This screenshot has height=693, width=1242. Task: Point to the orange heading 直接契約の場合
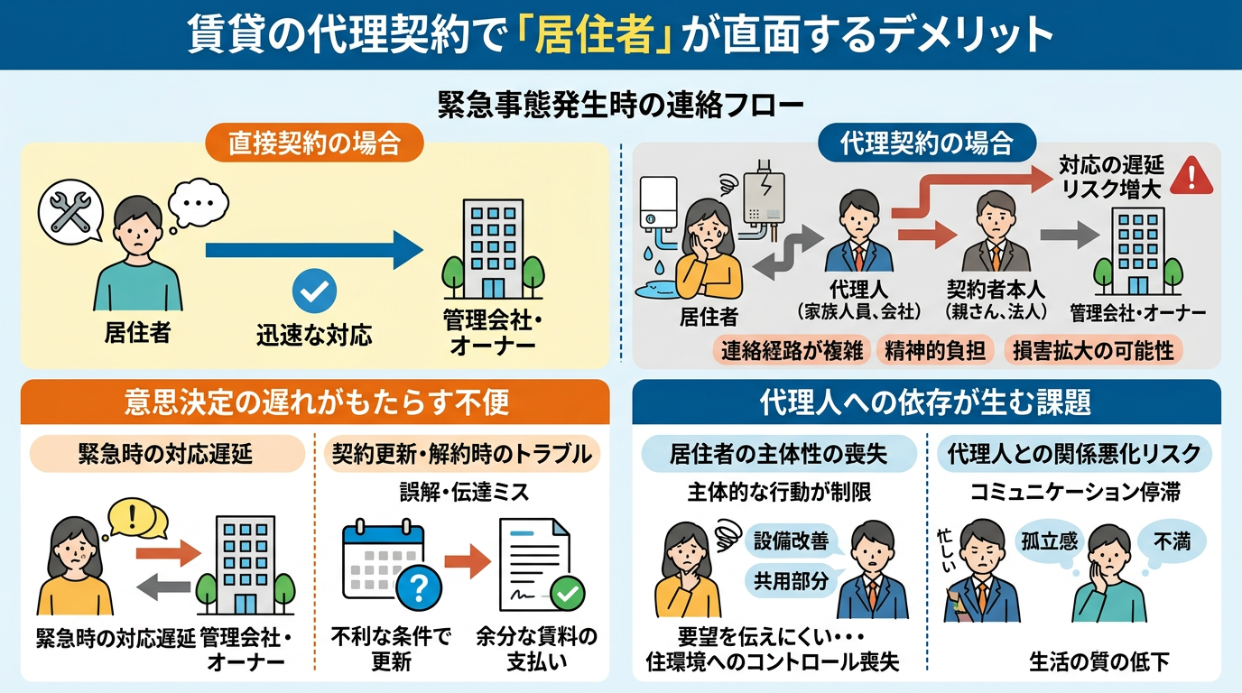coord(313,143)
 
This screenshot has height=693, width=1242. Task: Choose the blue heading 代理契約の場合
coord(926,143)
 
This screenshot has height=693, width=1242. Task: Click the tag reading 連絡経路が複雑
coord(792,351)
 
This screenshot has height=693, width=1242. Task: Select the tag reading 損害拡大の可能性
coord(1093,351)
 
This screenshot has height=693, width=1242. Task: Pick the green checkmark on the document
coord(568,594)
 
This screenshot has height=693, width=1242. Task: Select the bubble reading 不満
coord(1171,541)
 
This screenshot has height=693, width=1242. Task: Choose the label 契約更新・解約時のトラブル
coord(460,455)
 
